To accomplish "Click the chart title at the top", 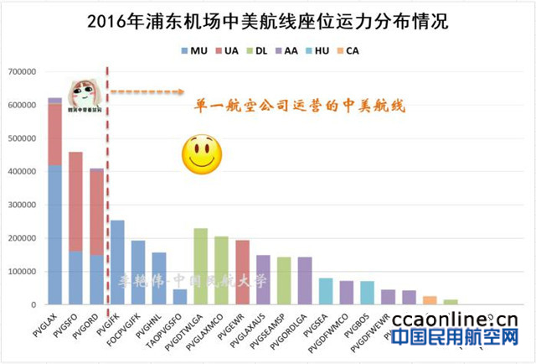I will (268, 21).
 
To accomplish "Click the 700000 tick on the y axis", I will (19, 72).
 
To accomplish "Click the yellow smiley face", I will (198, 153).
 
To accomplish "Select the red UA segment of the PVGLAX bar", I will (55, 134).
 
